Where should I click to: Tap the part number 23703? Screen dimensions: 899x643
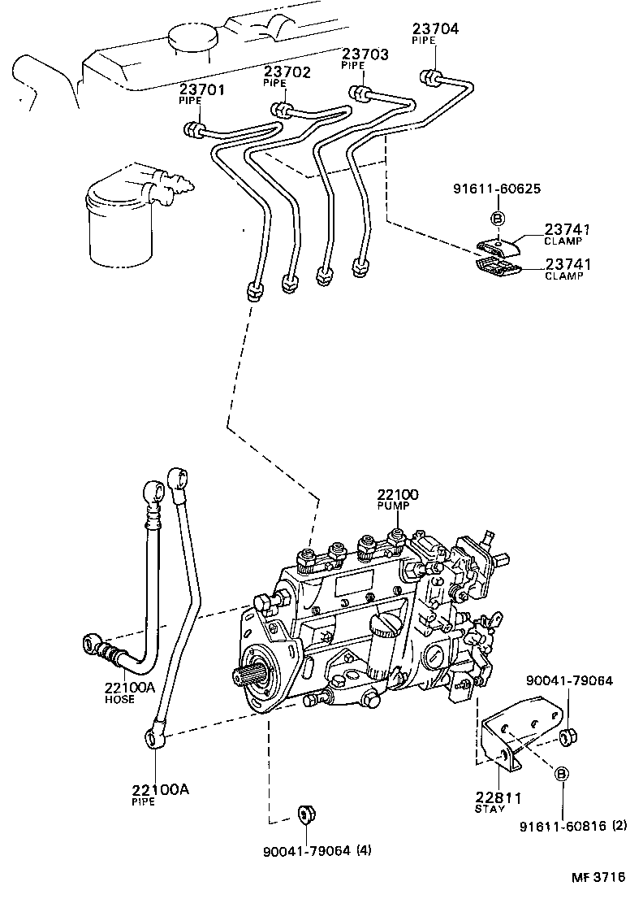click(x=365, y=54)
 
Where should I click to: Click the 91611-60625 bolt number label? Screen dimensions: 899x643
click(x=497, y=189)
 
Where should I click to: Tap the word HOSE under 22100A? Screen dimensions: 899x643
click(x=120, y=700)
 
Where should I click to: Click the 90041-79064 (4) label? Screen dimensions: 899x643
click(x=317, y=851)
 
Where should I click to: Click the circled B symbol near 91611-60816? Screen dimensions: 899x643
click(x=561, y=775)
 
